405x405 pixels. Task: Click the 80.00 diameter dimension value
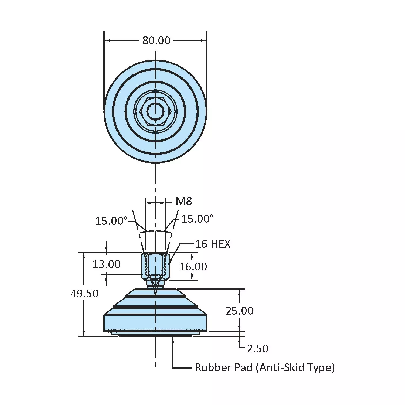pyautogui.click(x=156, y=41)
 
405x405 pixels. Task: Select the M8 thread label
pyautogui.click(x=184, y=201)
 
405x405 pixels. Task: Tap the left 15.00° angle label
pyautogui.click(x=111, y=221)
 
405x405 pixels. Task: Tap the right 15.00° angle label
pyautogui.click(x=198, y=219)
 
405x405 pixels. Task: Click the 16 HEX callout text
pyautogui.click(x=213, y=244)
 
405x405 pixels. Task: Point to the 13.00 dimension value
pyautogui.click(x=106, y=264)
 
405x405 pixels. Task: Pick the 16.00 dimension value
pyautogui.click(x=193, y=267)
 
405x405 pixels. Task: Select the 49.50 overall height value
pyautogui.click(x=84, y=294)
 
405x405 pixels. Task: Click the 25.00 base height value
pyautogui.click(x=239, y=311)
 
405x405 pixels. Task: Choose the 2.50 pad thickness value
pyautogui.click(x=257, y=349)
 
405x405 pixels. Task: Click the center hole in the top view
pyautogui.click(x=155, y=111)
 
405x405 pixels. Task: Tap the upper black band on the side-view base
pyautogui.click(x=155, y=297)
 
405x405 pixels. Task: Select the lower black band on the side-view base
pyautogui.click(x=155, y=307)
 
